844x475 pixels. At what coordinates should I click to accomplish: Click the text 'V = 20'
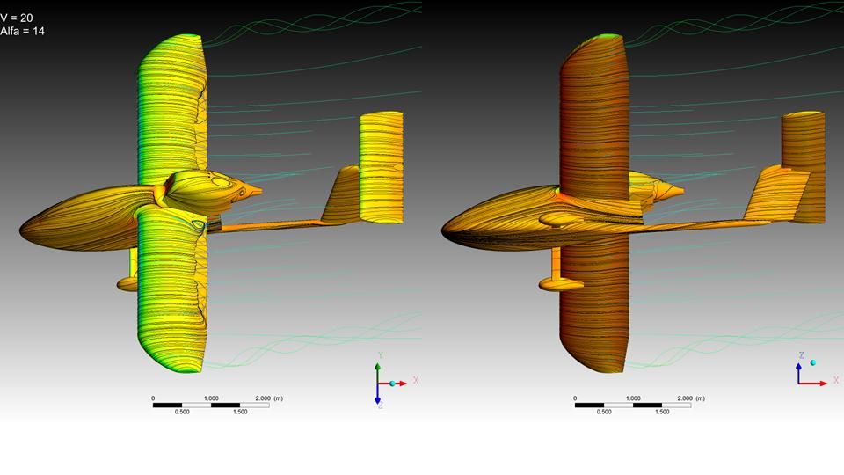pyautogui.click(x=16, y=18)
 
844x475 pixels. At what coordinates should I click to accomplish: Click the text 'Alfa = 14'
pyautogui.click(x=22, y=32)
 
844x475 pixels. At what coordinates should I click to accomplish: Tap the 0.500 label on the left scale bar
pyautogui.click(x=182, y=412)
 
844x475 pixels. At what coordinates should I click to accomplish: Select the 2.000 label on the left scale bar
pyautogui.click(x=263, y=398)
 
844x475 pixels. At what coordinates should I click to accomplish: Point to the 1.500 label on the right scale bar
pyautogui.click(x=662, y=412)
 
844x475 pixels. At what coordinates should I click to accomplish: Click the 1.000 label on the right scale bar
pyautogui.click(x=633, y=398)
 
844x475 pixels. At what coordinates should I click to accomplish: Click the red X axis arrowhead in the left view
pyautogui.click(x=403, y=384)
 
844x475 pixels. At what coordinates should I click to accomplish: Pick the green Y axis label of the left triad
pyautogui.click(x=380, y=355)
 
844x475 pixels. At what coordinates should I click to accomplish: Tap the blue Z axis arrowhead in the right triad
pyautogui.click(x=799, y=367)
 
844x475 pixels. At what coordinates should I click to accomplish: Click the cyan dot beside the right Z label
pyautogui.click(x=812, y=363)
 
